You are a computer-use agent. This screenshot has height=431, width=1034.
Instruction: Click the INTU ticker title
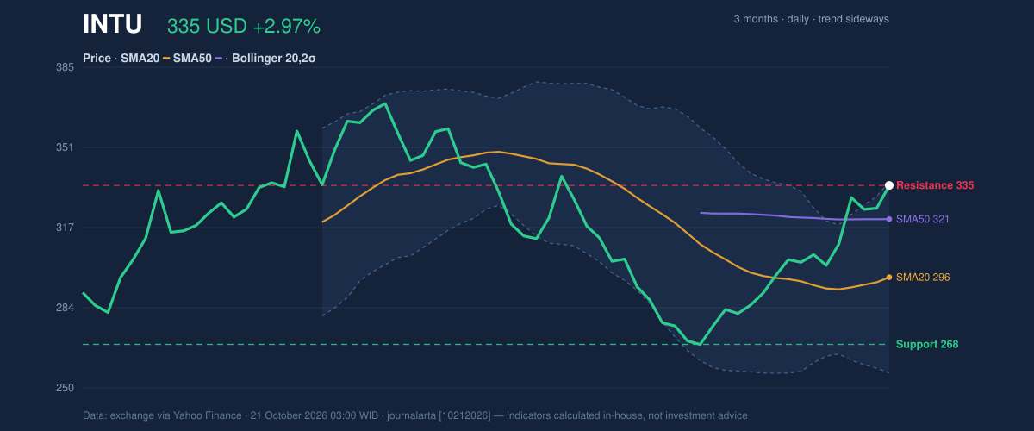112,24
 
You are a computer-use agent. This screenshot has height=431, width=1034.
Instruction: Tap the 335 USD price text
207,27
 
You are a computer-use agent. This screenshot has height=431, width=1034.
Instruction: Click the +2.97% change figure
287,27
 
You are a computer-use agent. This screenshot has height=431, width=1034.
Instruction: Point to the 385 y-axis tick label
65,67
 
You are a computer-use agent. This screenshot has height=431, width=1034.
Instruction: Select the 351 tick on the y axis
65,147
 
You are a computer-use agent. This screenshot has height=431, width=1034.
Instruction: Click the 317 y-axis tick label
65,228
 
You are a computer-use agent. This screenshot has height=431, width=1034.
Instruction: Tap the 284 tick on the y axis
65,308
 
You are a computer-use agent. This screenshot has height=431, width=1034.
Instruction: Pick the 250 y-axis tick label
65,388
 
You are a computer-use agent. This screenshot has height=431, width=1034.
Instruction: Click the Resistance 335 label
935,185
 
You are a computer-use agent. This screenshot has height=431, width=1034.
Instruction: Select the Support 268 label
927,344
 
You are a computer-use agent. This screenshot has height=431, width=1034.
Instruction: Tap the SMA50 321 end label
922,219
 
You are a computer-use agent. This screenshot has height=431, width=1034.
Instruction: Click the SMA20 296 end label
923,278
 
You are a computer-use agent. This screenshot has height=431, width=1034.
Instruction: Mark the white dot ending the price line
889,185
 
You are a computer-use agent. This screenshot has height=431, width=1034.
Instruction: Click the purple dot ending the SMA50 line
889,219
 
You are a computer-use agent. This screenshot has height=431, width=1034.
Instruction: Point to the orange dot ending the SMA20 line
889,278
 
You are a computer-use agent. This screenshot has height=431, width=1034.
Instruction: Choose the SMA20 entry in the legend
140,59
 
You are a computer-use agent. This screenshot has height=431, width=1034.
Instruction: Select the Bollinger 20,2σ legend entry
274,59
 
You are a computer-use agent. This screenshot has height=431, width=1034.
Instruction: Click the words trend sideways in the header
854,19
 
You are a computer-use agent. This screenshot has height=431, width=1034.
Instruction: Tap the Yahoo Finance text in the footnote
208,415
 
